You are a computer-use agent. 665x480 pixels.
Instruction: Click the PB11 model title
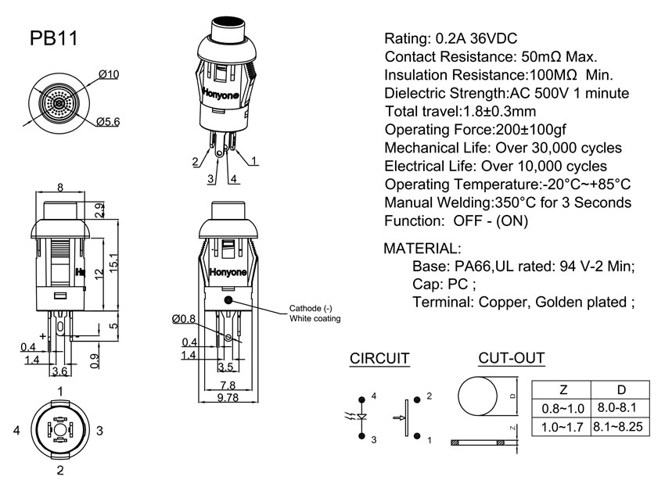(x=53, y=40)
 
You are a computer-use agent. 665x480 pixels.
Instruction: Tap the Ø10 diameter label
(x=109, y=74)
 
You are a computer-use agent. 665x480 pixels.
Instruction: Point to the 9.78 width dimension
(x=228, y=397)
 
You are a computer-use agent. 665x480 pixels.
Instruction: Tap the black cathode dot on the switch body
(x=228, y=300)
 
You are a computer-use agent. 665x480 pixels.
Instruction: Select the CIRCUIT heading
(x=379, y=359)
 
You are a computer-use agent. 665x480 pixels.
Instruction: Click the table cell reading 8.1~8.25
(x=620, y=428)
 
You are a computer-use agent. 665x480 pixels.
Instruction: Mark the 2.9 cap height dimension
(x=99, y=210)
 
